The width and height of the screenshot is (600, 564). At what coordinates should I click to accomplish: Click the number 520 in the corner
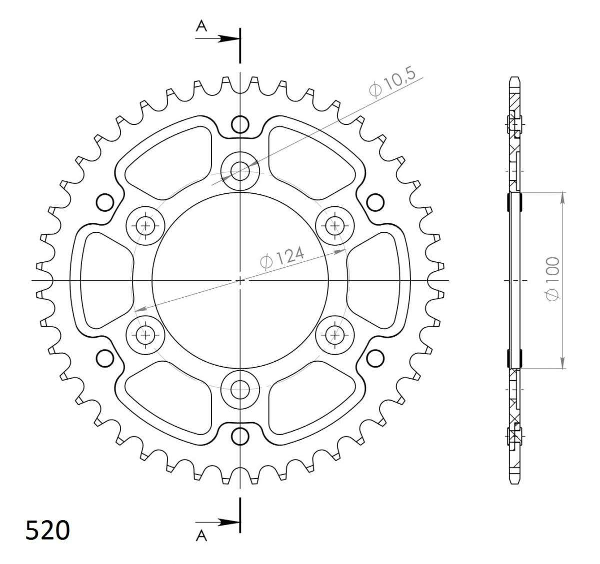click(x=47, y=531)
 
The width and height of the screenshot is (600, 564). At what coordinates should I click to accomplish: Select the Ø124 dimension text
click(x=282, y=258)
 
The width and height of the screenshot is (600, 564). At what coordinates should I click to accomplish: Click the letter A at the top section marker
click(x=201, y=26)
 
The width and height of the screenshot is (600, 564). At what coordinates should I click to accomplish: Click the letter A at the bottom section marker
click(x=201, y=537)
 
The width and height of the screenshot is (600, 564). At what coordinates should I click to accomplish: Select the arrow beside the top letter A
click(x=227, y=38)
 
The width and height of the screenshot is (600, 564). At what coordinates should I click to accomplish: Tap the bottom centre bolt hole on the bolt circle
click(x=240, y=388)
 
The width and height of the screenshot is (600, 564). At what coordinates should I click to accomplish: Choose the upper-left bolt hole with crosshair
click(x=146, y=225)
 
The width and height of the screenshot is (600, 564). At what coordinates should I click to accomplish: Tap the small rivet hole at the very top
click(x=240, y=123)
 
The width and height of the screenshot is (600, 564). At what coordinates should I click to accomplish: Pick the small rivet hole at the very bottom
click(x=240, y=436)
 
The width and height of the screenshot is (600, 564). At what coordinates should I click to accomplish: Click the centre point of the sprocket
click(x=240, y=280)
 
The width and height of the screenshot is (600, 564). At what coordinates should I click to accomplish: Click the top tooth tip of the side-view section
click(x=515, y=79)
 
